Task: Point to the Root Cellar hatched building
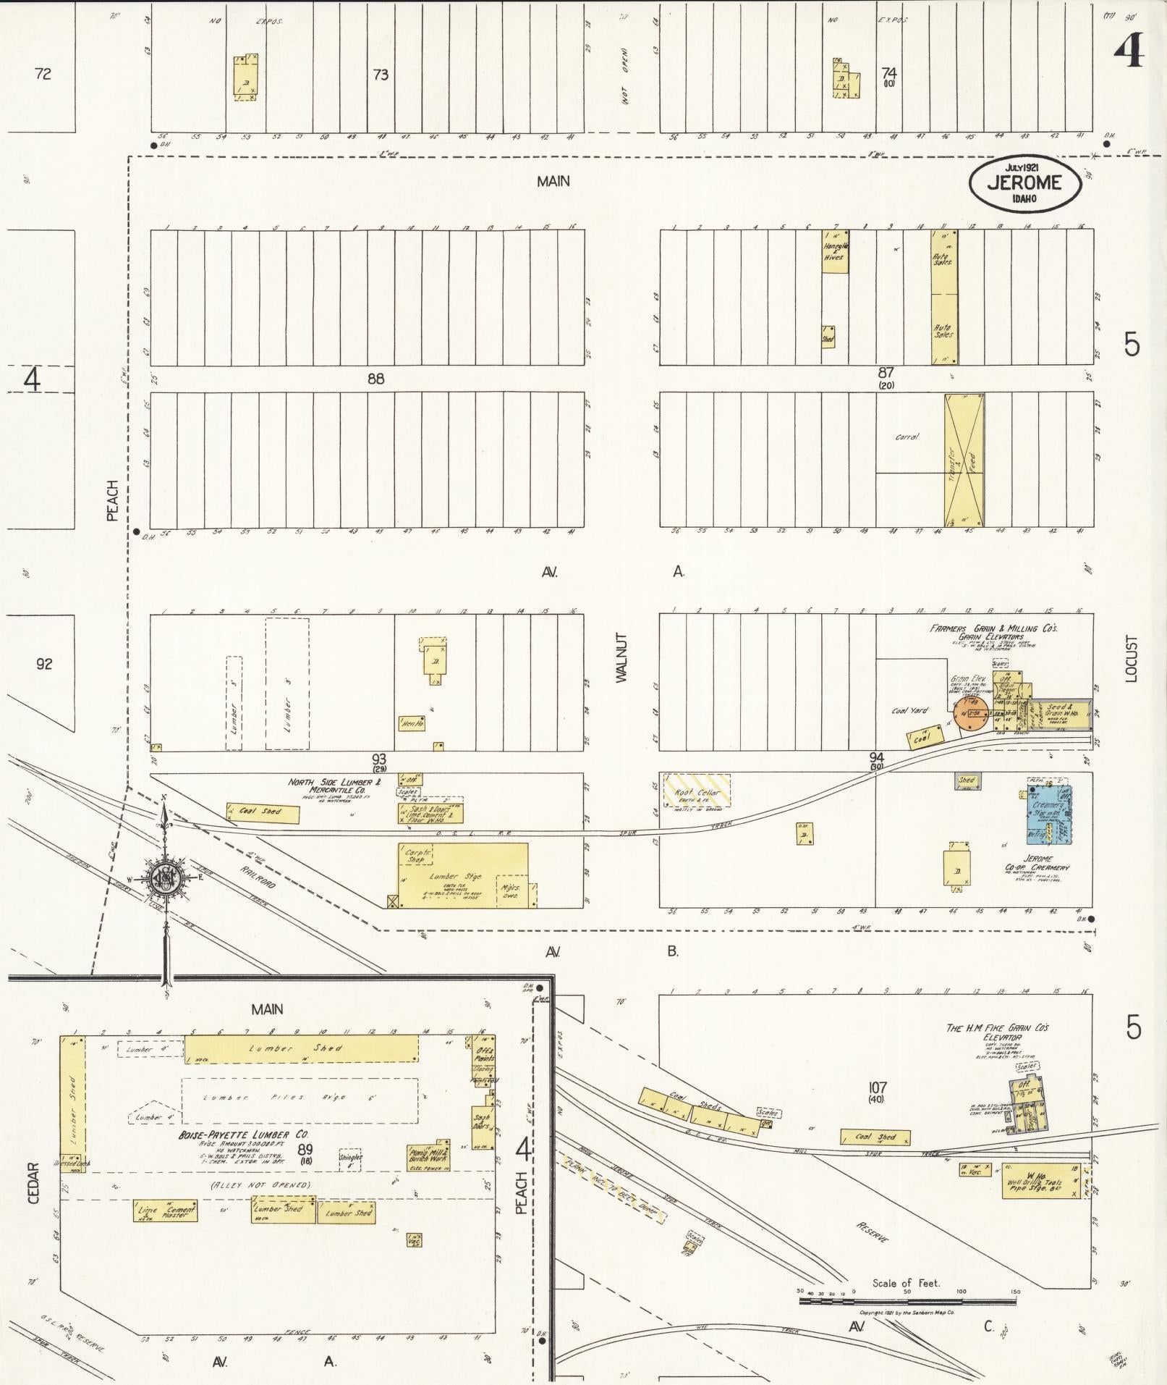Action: click(x=697, y=791)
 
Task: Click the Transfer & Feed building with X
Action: click(x=964, y=460)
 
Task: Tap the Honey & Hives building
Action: click(x=835, y=251)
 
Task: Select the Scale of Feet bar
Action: click(x=907, y=1300)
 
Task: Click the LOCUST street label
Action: click(x=1132, y=658)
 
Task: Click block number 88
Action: click(x=375, y=378)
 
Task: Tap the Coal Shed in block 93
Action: click(x=262, y=812)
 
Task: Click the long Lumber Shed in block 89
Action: click(x=301, y=1048)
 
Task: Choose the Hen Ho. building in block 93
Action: click(x=411, y=723)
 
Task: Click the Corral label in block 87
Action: click(x=907, y=437)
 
